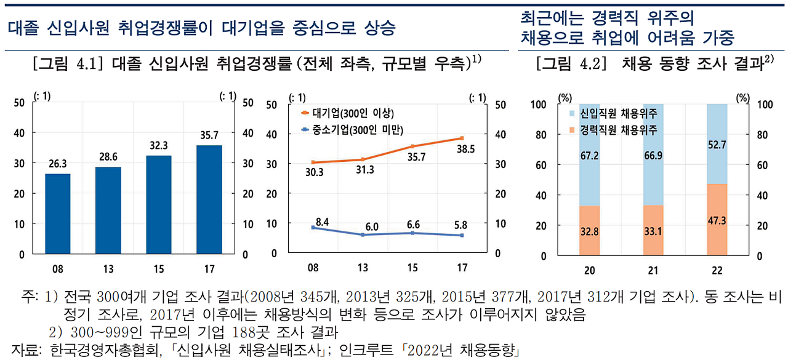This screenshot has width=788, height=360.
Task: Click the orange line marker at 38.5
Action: [461, 138]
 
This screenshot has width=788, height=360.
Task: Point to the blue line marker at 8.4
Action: [313, 227]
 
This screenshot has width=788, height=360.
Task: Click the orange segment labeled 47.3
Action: [717, 219]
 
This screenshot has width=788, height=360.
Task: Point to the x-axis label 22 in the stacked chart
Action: [717, 271]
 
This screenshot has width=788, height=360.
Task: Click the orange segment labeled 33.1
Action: [653, 230]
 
